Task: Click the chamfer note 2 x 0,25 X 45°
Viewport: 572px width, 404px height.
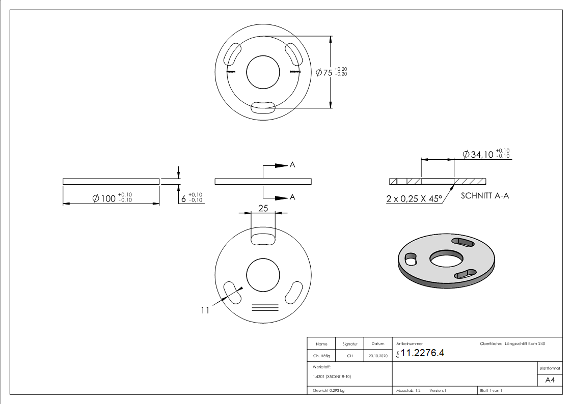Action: [413, 199]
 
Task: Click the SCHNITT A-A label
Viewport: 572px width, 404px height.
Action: [484, 195]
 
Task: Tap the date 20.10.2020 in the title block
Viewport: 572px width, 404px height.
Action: [378, 356]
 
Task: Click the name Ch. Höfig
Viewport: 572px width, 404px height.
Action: [321, 356]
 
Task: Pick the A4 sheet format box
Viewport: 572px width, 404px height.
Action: [550, 380]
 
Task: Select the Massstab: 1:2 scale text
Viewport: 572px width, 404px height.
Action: [408, 390]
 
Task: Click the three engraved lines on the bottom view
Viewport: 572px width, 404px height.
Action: [265, 307]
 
